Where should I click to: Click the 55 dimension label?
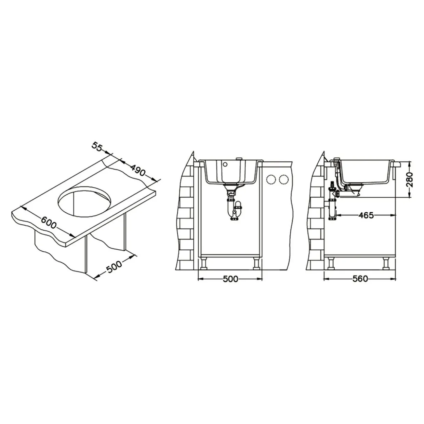pos(97,147)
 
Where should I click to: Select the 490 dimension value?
pos(138,170)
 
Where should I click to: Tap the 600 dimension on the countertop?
pos(49,223)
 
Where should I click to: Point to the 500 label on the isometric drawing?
pos(114,267)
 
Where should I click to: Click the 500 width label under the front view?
pos(230,279)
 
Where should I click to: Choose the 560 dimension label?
pos(360,279)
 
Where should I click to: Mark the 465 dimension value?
pos(366,215)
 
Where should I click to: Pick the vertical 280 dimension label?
pos(410,180)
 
